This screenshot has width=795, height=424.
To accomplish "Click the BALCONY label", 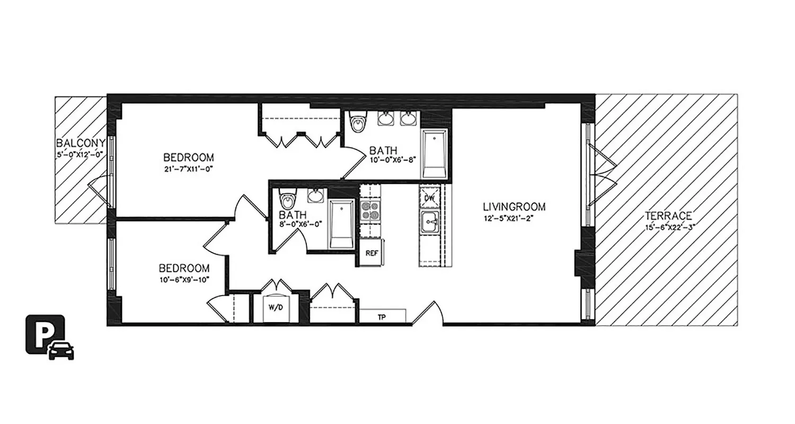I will coord(80,143).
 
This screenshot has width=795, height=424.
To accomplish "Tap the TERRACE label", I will coord(668,216).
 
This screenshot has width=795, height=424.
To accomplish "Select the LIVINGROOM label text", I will coord(514,207).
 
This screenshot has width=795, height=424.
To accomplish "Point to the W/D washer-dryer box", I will coord(276,307).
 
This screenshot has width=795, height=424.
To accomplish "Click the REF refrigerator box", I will coord(372,253).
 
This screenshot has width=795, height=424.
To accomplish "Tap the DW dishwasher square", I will coord(429,198).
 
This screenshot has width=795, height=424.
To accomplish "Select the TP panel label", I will coord(381,317).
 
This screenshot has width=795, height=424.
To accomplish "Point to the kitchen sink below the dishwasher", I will coord(429,222).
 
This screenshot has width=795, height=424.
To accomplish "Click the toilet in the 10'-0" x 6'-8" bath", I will coord(359,122).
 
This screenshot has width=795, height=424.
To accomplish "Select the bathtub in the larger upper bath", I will coord(434,154).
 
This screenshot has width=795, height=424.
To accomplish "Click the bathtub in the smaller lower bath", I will coord(341,224).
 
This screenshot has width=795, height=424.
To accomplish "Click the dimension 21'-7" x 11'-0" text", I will coord(188,170).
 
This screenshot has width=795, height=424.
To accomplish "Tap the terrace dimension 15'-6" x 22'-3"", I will coord(668,226).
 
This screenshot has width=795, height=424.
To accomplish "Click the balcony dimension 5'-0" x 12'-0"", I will coord(79,155).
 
